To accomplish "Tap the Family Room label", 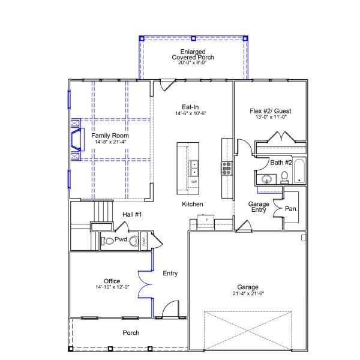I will [x=110, y=136].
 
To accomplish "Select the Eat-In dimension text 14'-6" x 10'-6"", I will [x=191, y=113].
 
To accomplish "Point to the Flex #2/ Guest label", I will [x=271, y=111].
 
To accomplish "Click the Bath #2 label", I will [x=281, y=163].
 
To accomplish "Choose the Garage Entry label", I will [x=259, y=207].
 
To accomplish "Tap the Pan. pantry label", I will [x=292, y=209].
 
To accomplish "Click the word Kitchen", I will [x=193, y=205].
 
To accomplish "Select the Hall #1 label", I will [x=132, y=214].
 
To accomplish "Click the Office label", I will [x=112, y=281].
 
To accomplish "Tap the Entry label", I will [x=170, y=274].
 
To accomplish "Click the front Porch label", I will [x=131, y=332].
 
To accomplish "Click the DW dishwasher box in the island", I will [x=194, y=181].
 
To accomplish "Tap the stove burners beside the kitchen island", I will [x=227, y=167].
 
